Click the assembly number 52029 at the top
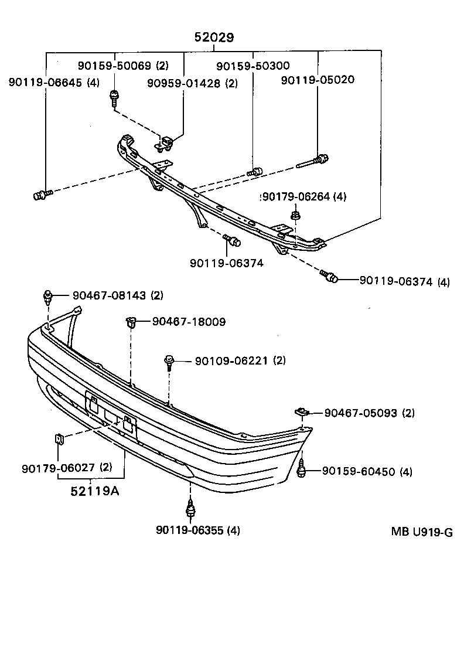(x=214, y=38)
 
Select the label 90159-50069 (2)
(x=123, y=66)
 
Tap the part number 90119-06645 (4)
(x=54, y=83)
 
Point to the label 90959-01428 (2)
(x=192, y=83)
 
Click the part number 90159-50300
(x=253, y=66)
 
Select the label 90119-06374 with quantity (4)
(x=404, y=282)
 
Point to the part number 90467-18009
(x=189, y=321)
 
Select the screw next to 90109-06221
(x=169, y=362)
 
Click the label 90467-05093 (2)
(x=369, y=413)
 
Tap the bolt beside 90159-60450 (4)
(x=303, y=469)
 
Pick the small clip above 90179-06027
(x=59, y=438)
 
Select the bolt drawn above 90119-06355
(x=190, y=508)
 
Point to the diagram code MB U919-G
(x=422, y=532)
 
